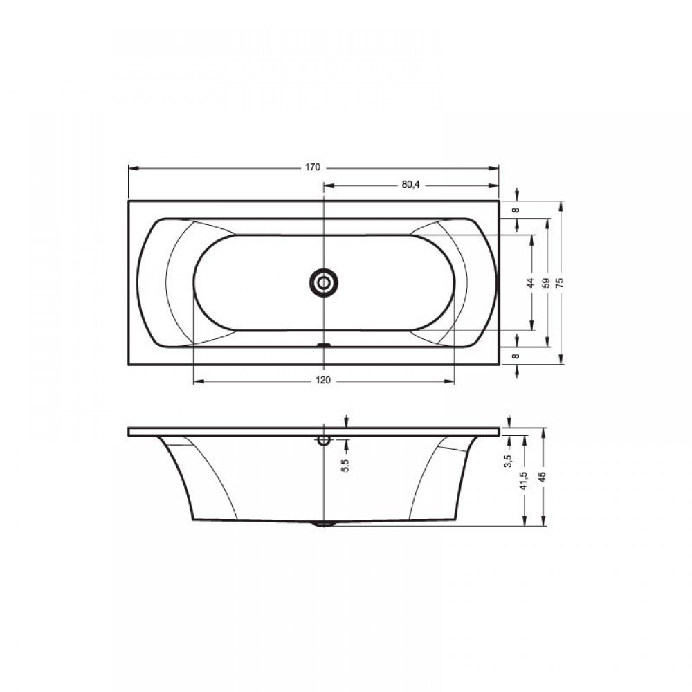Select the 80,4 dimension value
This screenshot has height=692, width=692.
[410, 185]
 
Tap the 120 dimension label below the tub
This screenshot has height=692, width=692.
[323, 381]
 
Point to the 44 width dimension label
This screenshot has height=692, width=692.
[531, 282]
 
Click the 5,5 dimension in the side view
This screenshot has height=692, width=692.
[345, 465]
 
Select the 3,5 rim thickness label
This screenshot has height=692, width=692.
[508, 461]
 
